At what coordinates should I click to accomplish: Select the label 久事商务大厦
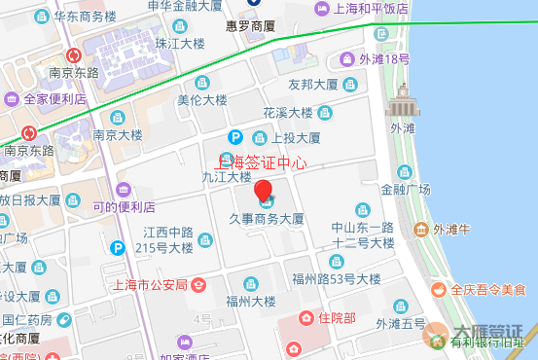click(267, 220)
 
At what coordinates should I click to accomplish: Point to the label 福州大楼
click(251, 301)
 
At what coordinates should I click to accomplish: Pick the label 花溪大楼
click(288, 113)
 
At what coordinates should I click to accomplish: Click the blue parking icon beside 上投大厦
click(234, 138)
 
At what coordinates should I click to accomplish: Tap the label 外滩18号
click(384, 59)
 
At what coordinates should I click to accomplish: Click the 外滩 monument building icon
click(401, 101)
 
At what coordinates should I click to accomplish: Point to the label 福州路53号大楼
click(341, 278)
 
